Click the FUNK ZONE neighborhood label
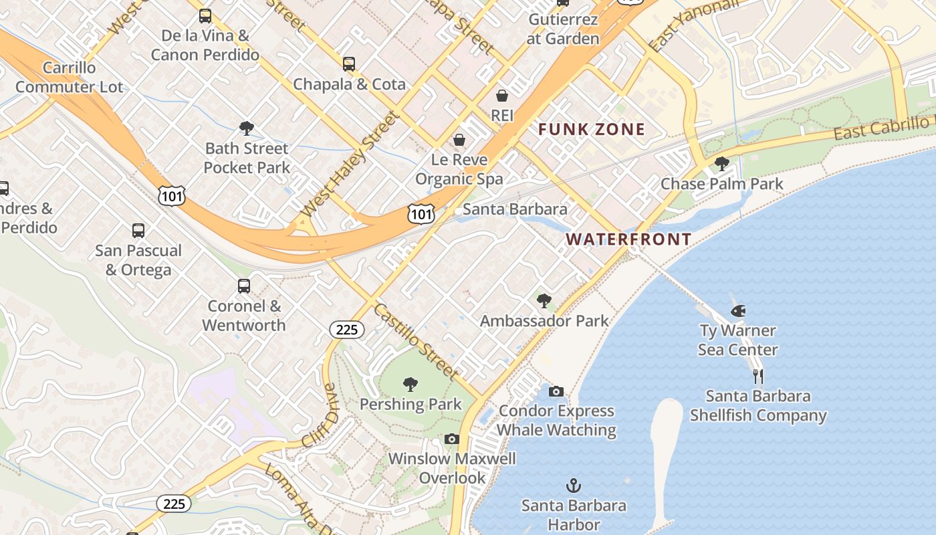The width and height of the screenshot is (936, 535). [x=592, y=129]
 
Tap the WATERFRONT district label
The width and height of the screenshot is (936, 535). [x=628, y=239]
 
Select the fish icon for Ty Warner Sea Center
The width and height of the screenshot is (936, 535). [x=738, y=311]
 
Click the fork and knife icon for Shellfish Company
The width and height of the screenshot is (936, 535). [x=757, y=376]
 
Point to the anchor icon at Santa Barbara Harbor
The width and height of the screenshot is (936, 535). [x=573, y=486]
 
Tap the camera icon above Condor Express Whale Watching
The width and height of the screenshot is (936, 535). [x=556, y=391]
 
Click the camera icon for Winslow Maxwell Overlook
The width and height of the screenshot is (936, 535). [x=452, y=439]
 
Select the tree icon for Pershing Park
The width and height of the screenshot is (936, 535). [x=411, y=385]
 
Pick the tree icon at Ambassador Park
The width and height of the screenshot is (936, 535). [x=544, y=301]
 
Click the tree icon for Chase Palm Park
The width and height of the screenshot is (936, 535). [x=721, y=163]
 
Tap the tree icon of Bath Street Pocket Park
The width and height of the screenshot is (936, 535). [x=247, y=128]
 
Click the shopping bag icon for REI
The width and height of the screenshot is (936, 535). [x=502, y=96]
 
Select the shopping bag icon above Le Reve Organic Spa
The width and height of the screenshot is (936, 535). [x=459, y=140]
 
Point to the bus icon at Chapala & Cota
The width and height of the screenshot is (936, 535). [x=349, y=64]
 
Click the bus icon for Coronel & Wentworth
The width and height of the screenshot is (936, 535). [x=244, y=286]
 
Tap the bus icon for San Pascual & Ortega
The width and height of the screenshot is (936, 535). [x=138, y=231]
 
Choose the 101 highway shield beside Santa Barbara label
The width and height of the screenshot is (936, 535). [x=421, y=214]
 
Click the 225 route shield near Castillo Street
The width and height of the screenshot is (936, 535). [x=346, y=329]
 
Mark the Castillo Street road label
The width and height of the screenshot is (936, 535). [x=417, y=341]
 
